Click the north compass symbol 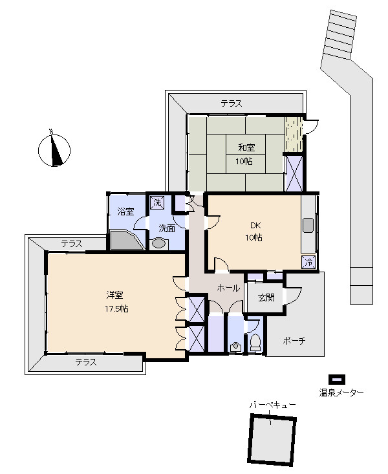[54, 150]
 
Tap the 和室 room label [247, 147]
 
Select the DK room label [255, 225]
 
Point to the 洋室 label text [114, 295]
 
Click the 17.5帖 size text [116, 308]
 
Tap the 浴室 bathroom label [125, 211]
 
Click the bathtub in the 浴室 [127, 241]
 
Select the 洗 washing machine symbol [158, 202]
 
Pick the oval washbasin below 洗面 [159, 243]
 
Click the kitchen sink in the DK [308, 225]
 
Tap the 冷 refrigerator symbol [308, 262]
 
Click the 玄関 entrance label [266, 297]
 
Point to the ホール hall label [228, 288]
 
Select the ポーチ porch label [294, 341]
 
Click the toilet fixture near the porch [255, 343]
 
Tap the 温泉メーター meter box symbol [337, 379]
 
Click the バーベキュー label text [272, 405]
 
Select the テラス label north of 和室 [232, 103]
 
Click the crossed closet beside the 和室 [294, 173]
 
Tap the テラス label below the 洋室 [86, 362]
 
